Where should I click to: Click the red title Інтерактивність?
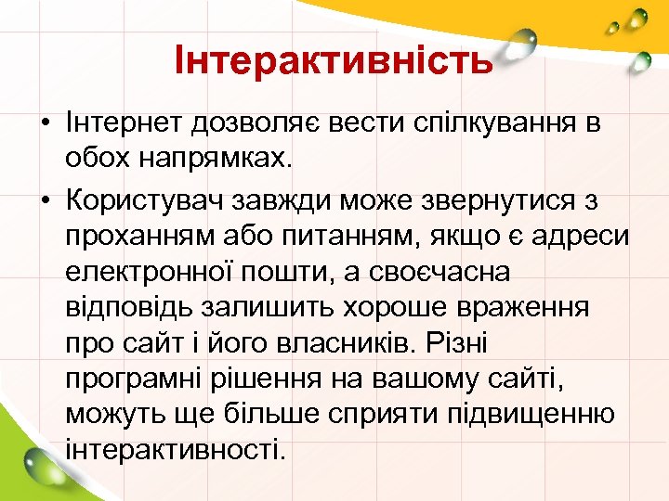[334, 61]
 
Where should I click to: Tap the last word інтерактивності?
[172, 449]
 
